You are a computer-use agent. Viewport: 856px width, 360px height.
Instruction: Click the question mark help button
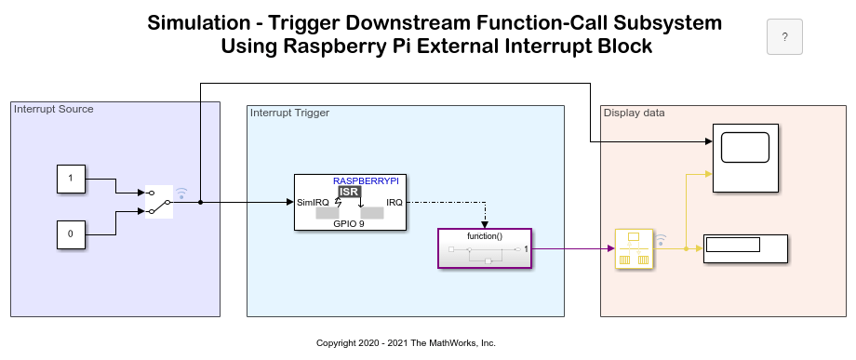(x=784, y=37)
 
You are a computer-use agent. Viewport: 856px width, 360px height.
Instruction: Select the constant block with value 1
(x=71, y=179)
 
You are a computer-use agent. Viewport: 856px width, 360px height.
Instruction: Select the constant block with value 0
(x=71, y=234)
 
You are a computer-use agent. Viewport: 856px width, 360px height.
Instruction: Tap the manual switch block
(x=159, y=202)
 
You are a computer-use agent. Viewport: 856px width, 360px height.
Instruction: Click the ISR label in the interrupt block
(x=350, y=192)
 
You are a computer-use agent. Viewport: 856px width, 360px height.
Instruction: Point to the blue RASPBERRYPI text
(x=367, y=180)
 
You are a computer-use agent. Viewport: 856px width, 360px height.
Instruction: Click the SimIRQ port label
(x=313, y=203)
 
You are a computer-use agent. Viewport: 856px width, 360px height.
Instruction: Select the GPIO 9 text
(x=349, y=223)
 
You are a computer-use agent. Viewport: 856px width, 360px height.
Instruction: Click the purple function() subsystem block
(x=485, y=248)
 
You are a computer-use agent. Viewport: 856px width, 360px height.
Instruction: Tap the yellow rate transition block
(x=634, y=248)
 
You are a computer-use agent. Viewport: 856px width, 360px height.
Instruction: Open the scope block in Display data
(x=745, y=158)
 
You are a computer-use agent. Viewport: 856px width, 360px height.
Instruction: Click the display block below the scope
(x=745, y=248)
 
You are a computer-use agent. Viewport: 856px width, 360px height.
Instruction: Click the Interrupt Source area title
(x=54, y=109)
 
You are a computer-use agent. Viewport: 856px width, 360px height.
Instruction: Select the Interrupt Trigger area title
(x=290, y=113)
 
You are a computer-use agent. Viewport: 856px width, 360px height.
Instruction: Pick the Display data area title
(x=635, y=113)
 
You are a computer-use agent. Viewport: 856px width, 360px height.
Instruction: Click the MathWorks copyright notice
(x=407, y=343)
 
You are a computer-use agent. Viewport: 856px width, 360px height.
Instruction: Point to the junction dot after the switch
(x=200, y=203)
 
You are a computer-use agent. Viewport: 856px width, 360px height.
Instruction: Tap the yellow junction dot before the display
(x=686, y=248)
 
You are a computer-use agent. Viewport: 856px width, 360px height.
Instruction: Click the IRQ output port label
(x=395, y=203)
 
